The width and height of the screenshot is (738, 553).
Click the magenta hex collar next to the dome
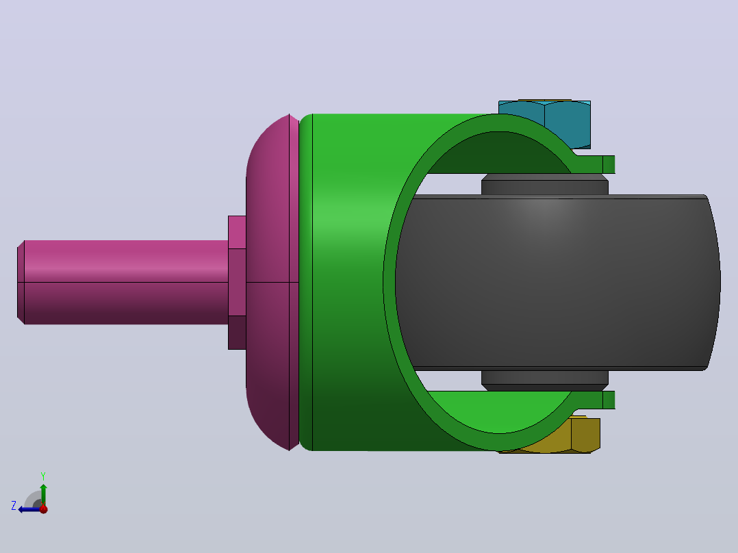point(237,283)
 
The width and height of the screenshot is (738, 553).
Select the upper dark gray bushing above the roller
point(544,184)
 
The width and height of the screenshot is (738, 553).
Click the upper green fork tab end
point(609,165)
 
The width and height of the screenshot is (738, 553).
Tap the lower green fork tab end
point(609,400)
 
